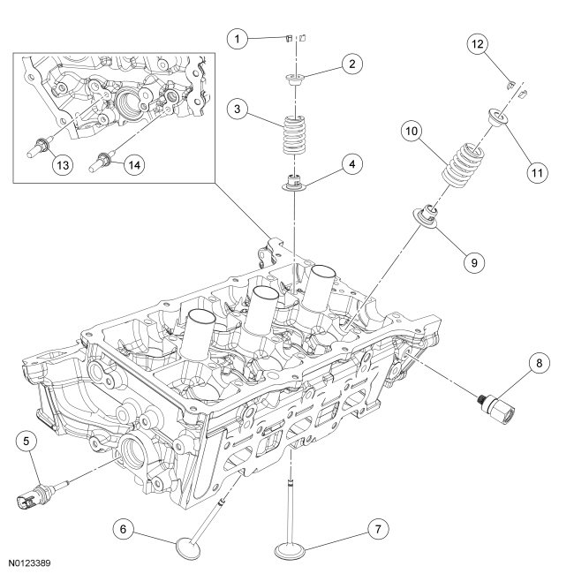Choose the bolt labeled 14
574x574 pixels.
[x=105, y=160]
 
